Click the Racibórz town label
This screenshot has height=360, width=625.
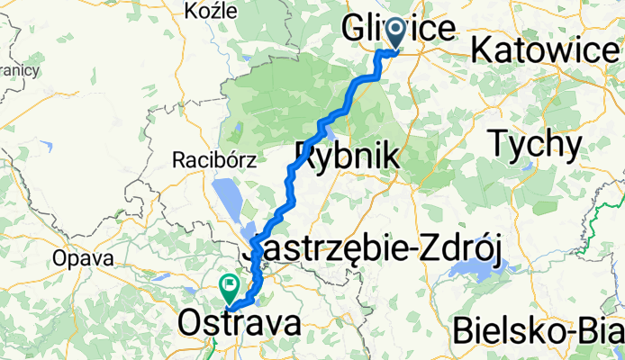point(214,161)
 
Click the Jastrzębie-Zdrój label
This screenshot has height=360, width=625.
point(376,247)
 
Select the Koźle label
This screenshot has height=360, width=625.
point(209,11)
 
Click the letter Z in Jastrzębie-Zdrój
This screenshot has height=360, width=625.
point(419,247)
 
